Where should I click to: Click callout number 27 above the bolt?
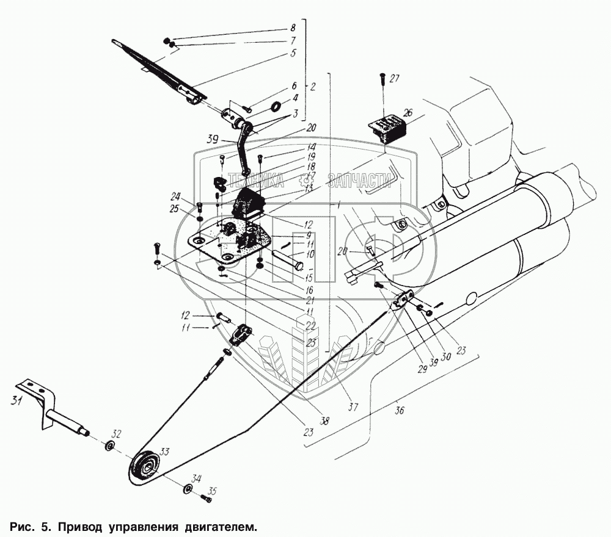[393, 78]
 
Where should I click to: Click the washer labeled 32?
[111, 445]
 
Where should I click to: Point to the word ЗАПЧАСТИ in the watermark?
[359, 179]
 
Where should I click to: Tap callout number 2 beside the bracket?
[312, 87]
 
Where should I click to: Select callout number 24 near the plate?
[176, 197]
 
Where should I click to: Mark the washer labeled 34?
[186, 488]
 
